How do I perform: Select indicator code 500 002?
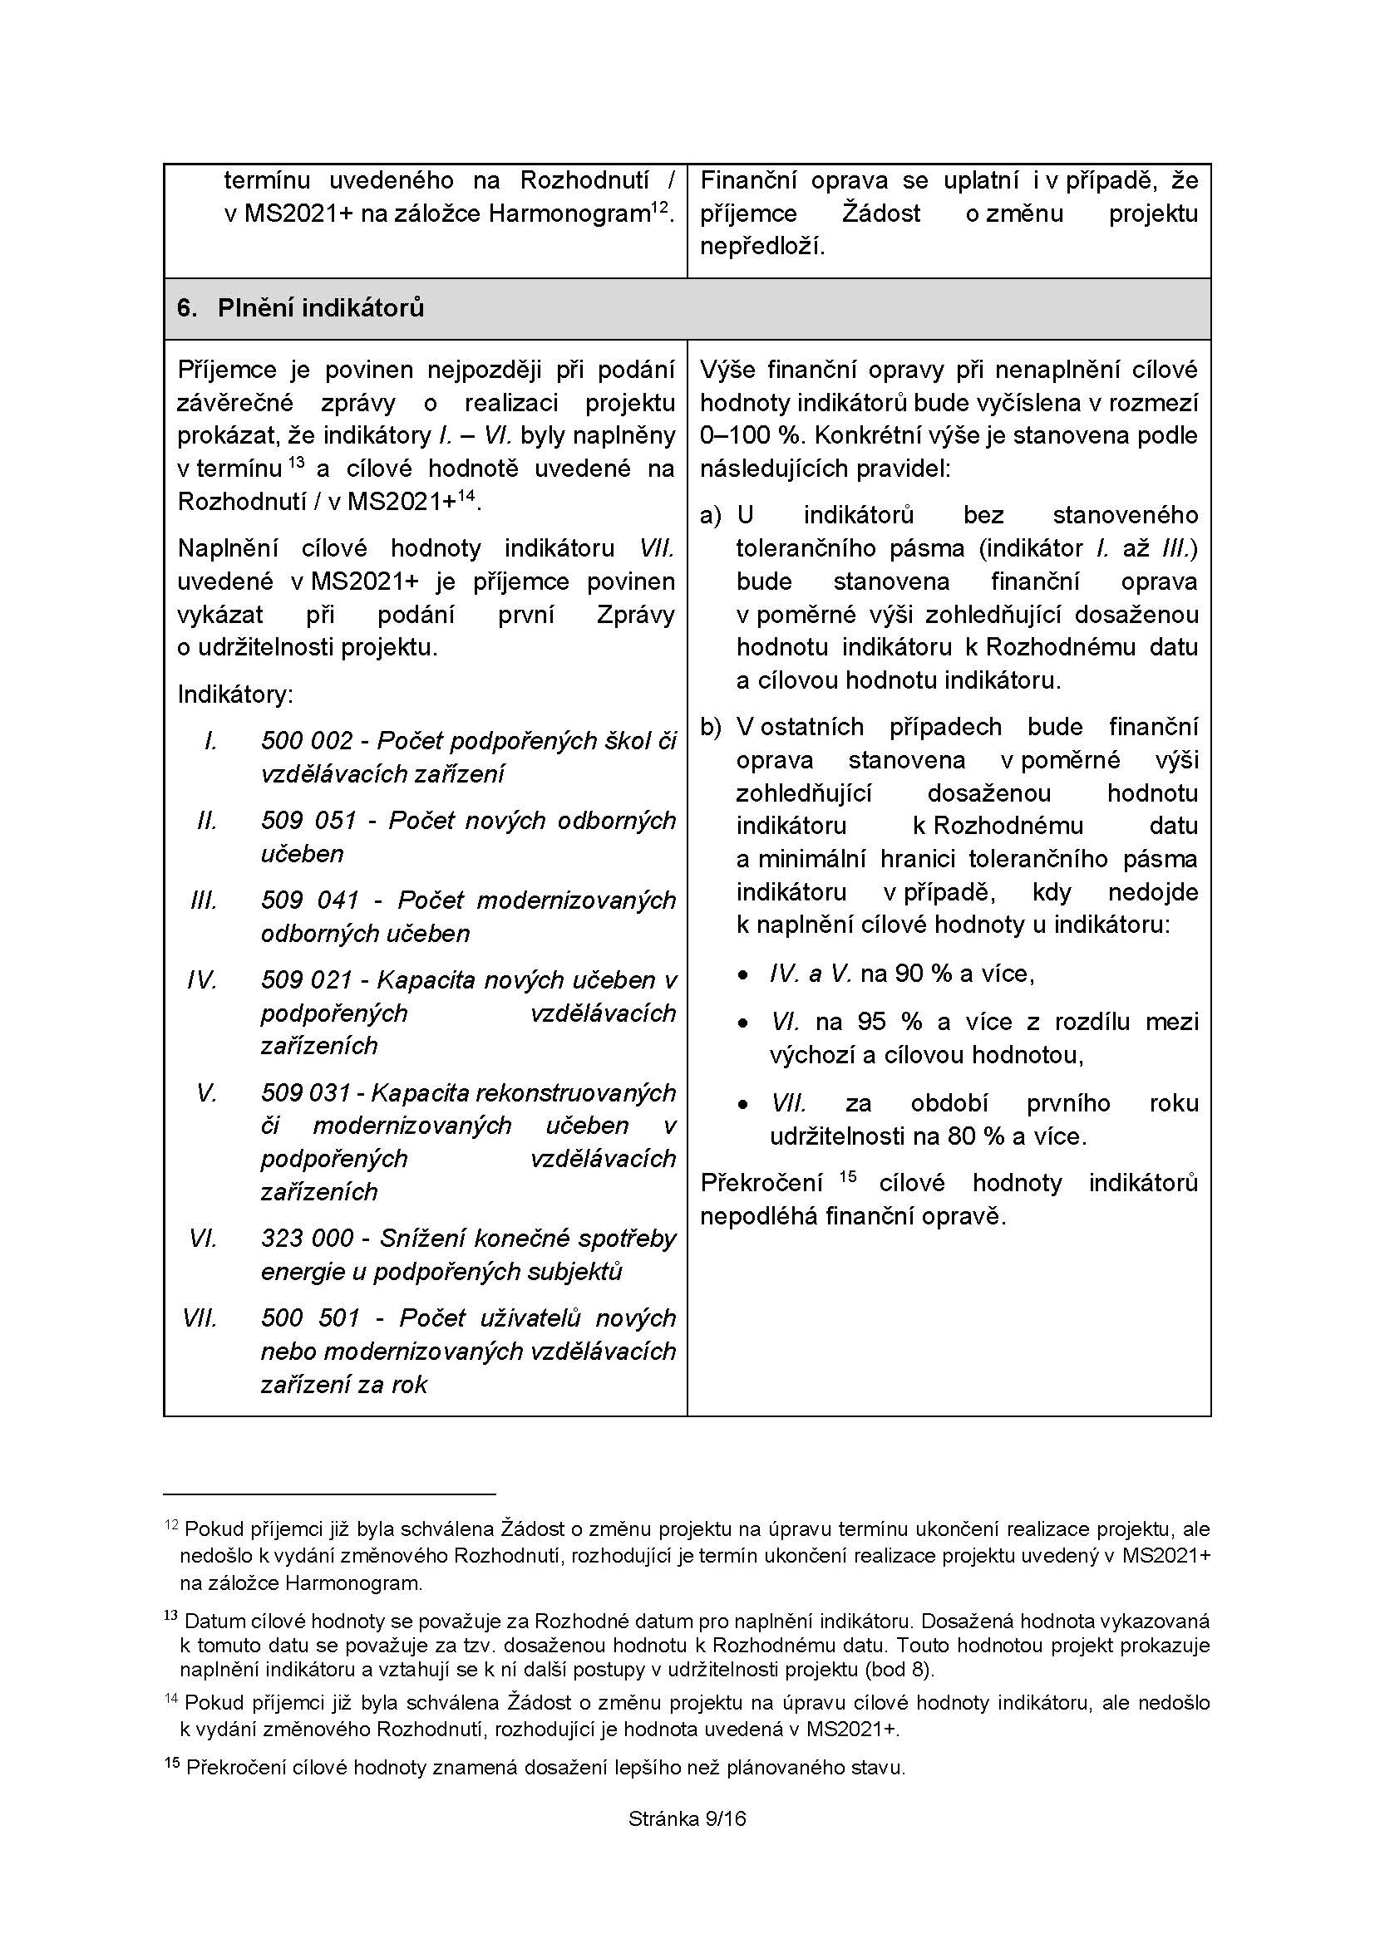(x=307, y=740)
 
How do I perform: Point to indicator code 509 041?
(x=310, y=900)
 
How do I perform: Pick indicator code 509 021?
(x=306, y=979)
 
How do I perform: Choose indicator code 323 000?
(x=307, y=1238)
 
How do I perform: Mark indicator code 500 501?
(x=311, y=1317)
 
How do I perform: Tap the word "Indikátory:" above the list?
(x=234, y=694)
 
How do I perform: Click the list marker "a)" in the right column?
(x=709, y=515)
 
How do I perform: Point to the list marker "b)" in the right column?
(x=709, y=727)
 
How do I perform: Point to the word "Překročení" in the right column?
(x=761, y=1183)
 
